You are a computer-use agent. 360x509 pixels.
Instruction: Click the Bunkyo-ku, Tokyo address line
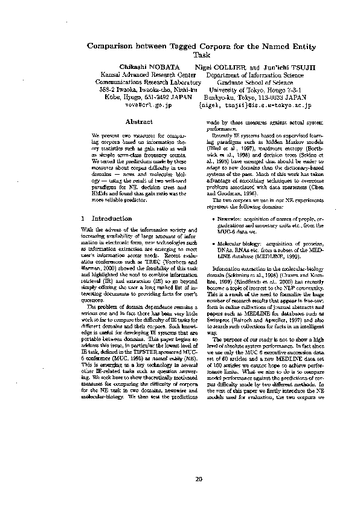click(x=254, y=96)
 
